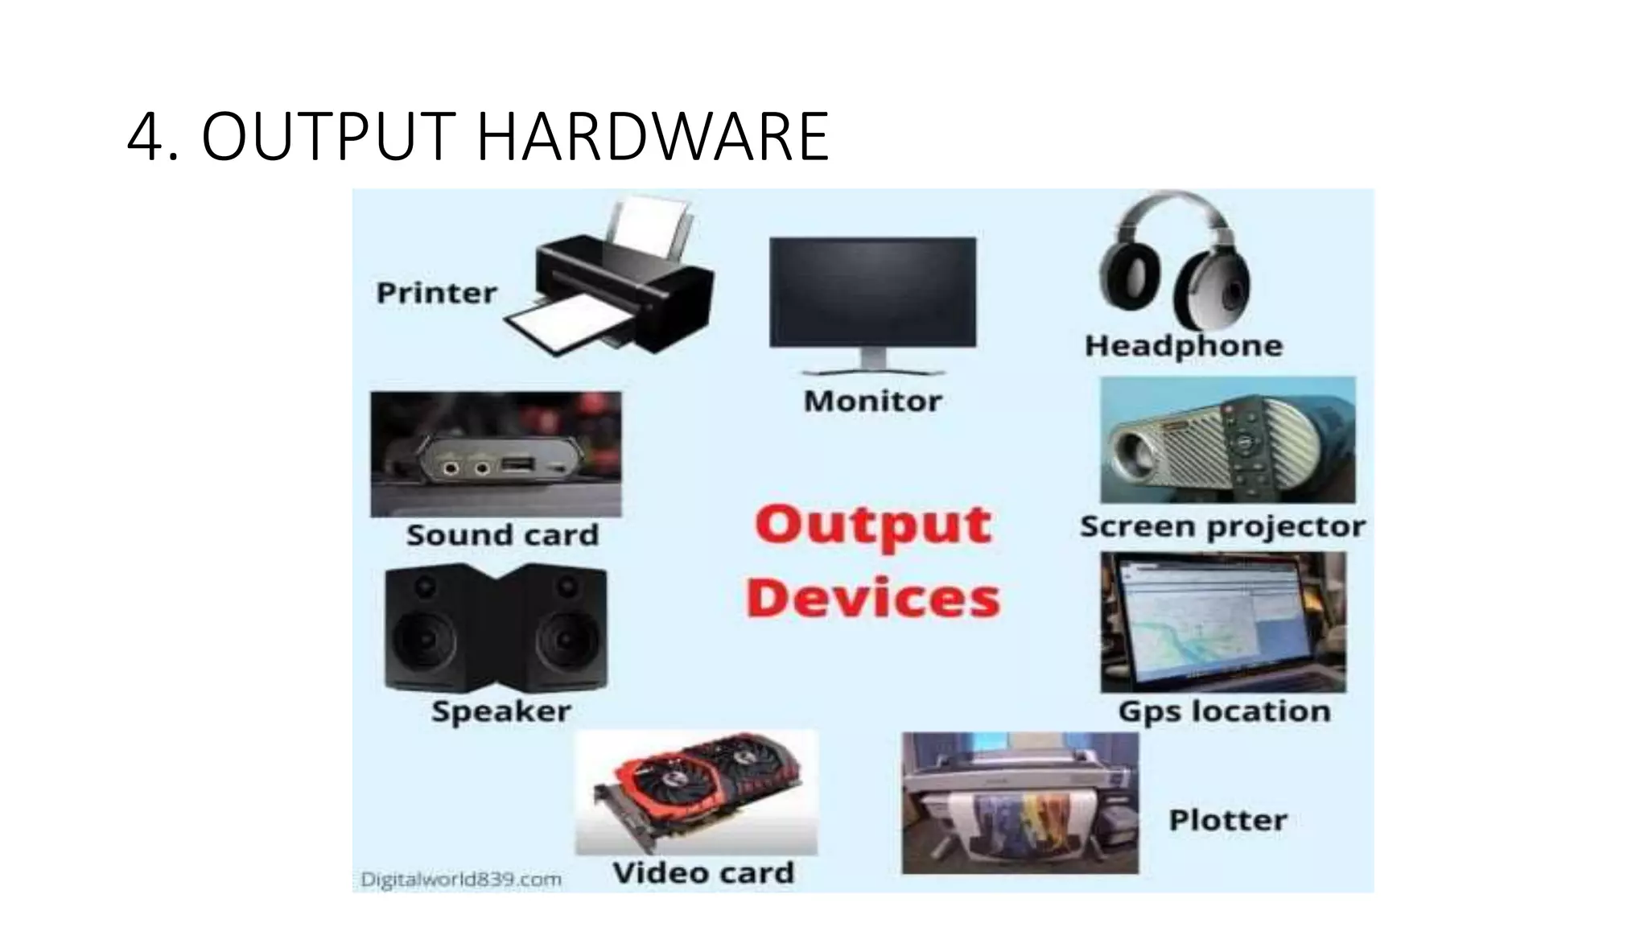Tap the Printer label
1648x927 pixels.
point(436,293)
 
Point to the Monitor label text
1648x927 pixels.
point(872,401)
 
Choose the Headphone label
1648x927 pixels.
point(1183,346)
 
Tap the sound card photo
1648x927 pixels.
point(496,455)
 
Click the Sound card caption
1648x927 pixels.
point(502,535)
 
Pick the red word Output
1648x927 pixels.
point(873,525)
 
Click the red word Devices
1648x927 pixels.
point(873,599)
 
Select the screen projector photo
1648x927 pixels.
point(1227,441)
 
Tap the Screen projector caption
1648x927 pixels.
point(1222,527)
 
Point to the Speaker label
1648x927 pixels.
point(501,711)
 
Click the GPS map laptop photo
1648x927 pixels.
point(1222,622)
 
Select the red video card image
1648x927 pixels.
point(696,793)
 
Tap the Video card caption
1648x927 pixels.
point(703,873)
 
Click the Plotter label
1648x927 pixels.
point(1227,821)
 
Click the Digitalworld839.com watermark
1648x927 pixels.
point(460,879)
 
